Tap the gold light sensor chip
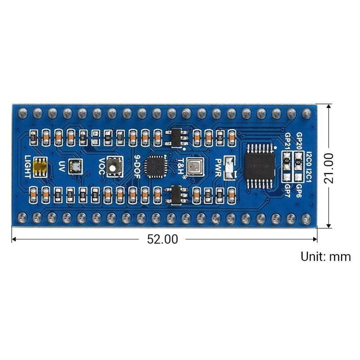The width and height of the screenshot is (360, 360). click(x=40, y=167)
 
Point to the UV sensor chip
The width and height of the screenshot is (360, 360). click(x=75, y=166)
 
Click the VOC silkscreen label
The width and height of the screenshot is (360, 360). click(x=102, y=166)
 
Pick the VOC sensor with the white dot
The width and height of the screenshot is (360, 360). click(x=116, y=166)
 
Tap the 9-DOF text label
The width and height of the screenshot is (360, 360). click(x=139, y=166)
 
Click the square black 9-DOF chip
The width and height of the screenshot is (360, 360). click(x=156, y=166)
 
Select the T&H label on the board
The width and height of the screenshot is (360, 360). click(x=181, y=166)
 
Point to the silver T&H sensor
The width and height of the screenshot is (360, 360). click(x=195, y=166)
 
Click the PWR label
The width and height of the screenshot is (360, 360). click(x=218, y=166)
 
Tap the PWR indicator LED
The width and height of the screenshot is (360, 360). click(x=229, y=166)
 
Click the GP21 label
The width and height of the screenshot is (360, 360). click(x=288, y=142)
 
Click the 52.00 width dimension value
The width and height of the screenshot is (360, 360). click(x=162, y=239)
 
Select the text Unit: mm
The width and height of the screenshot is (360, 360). click(x=325, y=257)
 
